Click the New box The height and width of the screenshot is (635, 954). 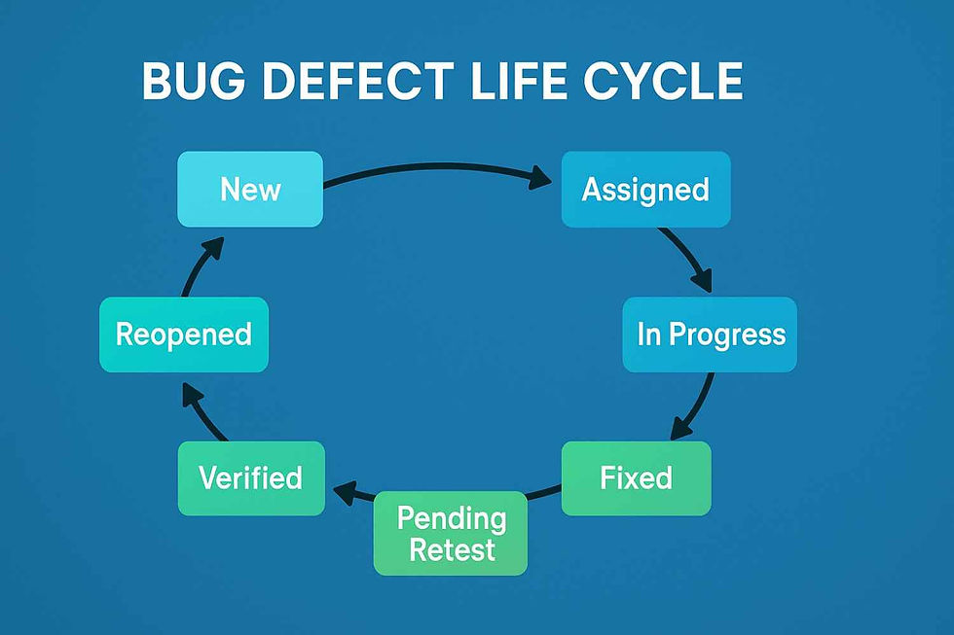pyautogui.click(x=250, y=189)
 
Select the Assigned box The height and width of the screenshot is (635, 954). pyautogui.click(x=645, y=190)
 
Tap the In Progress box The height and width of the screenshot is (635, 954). pyautogui.click(x=710, y=335)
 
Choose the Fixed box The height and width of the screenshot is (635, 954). pyautogui.click(x=637, y=478)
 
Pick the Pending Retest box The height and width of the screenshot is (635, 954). pyautogui.click(x=450, y=534)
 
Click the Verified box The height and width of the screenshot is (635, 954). pyautogui.click(x=251, y=478)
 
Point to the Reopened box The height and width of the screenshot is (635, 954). pyautogui.click(x=184, y=335)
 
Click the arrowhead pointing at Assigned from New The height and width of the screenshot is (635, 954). pyautogui.click(x=540, y=178)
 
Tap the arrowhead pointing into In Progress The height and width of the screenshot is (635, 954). pyautogui.click(x=702, y=280)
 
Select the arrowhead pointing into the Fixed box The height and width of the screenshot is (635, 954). pyautogui.click(x=680, y=428)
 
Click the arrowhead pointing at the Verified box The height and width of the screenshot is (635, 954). pyautogui.click(x=345, y=491)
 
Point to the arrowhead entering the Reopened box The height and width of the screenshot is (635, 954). pyautogui.click(x=193, y=395)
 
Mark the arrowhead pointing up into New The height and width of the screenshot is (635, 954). pyautogui.click(x=213, y=249)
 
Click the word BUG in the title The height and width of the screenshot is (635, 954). pyautogui.click(x=194, y=82)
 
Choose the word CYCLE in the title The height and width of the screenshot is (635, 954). pyautogui.click(x=663, y=82)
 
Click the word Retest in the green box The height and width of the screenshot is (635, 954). pyautogui.click(x=452, y=550)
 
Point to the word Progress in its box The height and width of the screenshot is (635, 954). pyautogui.click(x=728, y=335)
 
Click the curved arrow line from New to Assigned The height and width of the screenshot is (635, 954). pyautogui.click(x=437, y=164)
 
